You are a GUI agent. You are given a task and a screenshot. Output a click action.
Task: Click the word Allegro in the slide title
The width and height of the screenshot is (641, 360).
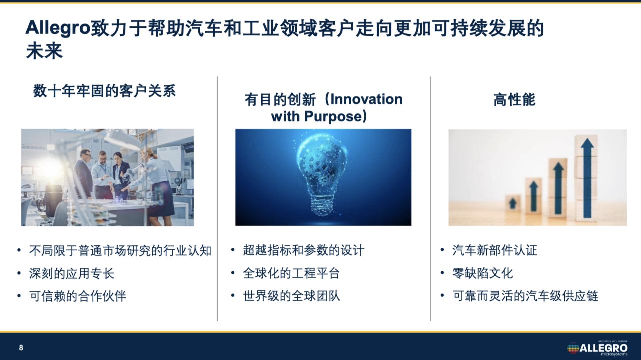point(58,28)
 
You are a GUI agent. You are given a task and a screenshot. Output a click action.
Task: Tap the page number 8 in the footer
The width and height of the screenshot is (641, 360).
point(21,348)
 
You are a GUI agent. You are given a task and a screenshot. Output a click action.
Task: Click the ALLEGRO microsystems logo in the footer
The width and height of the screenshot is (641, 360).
point(597,348)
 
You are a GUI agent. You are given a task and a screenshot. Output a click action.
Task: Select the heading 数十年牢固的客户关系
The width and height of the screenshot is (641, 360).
point(104,91)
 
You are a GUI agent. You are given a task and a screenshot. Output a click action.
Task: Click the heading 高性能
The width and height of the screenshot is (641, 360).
point(514,100)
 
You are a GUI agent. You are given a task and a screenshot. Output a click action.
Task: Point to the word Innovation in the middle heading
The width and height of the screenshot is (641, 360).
point(366,99)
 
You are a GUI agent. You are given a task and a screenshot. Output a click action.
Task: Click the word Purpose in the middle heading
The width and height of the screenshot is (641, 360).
point(333,116)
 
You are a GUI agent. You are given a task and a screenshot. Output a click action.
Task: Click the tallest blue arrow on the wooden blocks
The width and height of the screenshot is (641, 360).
point(587,177)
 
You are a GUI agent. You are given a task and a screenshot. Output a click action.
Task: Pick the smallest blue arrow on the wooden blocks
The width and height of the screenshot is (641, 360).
point(513,203)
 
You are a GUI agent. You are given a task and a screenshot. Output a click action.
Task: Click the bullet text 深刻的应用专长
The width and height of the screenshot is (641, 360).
point(71,273)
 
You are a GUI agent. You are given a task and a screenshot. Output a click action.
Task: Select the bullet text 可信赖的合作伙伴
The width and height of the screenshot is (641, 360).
point(77,296)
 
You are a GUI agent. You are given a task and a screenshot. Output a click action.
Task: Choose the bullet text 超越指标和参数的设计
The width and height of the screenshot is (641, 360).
point(304,250)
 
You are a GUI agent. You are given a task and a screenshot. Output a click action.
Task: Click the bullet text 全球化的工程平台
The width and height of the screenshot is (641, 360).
point(291,273)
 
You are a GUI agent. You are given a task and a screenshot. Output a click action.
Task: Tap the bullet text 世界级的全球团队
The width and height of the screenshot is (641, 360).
point(291,296)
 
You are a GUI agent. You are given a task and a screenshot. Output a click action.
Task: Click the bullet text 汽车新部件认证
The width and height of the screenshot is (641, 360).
point(495,250)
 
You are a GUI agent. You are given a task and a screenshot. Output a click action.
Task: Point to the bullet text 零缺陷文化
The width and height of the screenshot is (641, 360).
point(483,273)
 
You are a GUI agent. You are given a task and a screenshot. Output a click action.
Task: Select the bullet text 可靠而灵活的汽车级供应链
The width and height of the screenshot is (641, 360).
point(525,296)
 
